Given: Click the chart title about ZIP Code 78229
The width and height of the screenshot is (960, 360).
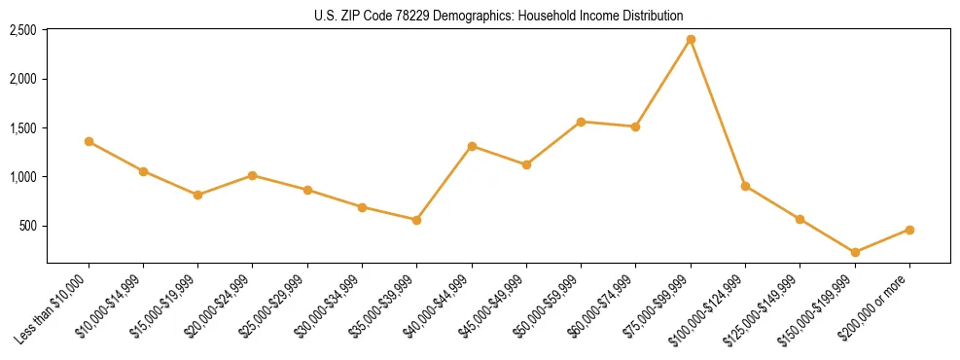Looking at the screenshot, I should (498, 16).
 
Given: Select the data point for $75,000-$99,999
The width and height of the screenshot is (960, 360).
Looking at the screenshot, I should (691, 39).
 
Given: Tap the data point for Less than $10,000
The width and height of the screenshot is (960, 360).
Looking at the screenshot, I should (89, 141).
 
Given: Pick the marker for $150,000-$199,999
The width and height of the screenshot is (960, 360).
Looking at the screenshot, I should (855, 252).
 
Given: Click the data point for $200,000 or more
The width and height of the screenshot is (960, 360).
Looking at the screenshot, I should (909, 230).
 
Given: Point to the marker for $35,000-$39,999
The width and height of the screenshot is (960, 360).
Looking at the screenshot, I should (416, 220).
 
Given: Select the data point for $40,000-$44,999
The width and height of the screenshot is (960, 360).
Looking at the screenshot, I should (472, 146).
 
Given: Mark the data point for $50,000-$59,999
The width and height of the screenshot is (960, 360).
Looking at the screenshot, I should (581, 122).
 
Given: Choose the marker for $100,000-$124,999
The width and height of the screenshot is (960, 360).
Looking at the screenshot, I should (745, 186).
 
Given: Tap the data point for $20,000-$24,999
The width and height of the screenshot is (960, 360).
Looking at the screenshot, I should (253, 175).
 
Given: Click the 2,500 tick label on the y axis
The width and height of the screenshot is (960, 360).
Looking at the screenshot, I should (22, 30).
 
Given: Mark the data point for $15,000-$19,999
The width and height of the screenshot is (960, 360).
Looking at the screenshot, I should (197, 195).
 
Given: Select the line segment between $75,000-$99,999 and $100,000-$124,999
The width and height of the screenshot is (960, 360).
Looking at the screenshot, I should (718, 113).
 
